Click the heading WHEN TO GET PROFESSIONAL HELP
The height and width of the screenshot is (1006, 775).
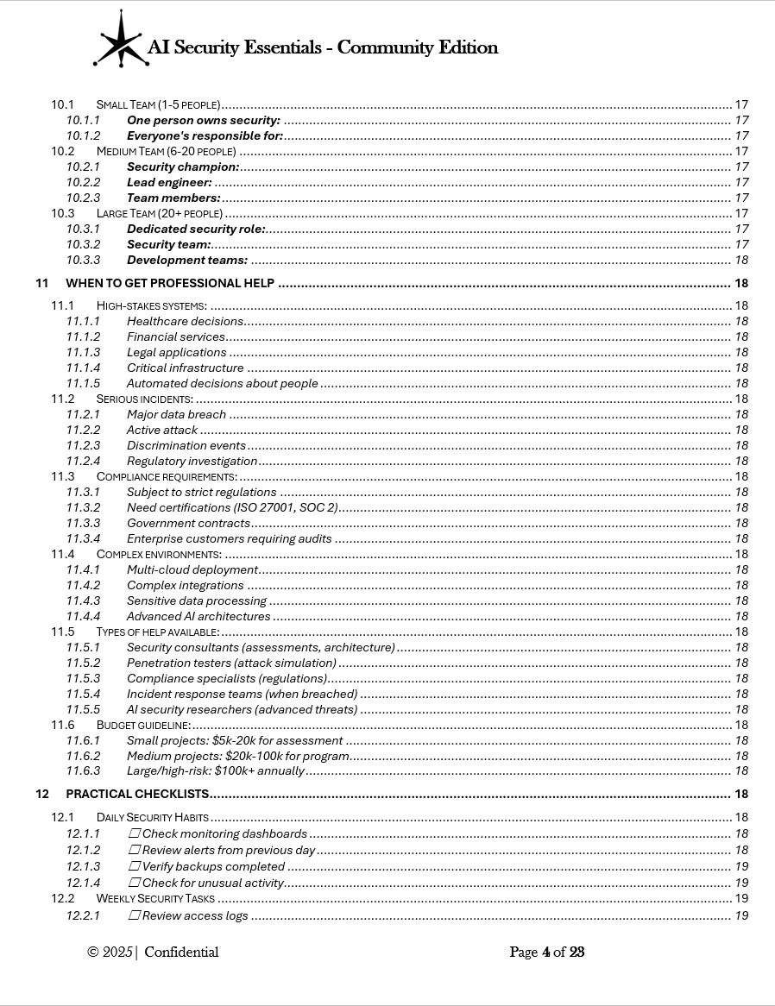170,283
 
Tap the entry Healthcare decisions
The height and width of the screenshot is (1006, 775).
185,321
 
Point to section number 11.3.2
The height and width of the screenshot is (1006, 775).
83,507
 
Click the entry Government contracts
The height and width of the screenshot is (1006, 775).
188,523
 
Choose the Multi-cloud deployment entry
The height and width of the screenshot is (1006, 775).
192,569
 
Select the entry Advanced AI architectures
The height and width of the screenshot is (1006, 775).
198,616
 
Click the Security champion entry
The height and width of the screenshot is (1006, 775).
183,167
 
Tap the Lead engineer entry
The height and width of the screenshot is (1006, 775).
169,182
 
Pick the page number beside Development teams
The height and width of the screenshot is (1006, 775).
740,260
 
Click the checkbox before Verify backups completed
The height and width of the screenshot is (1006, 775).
135,866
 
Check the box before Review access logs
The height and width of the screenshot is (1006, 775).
135,915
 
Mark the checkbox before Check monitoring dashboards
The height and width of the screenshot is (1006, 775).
135,833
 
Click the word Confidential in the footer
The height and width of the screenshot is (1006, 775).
181,953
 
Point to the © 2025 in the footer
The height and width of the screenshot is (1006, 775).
110,953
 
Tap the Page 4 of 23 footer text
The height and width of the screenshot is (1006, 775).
546,953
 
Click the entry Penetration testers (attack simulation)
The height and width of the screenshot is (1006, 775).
231,663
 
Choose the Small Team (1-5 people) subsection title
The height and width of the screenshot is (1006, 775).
158,104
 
